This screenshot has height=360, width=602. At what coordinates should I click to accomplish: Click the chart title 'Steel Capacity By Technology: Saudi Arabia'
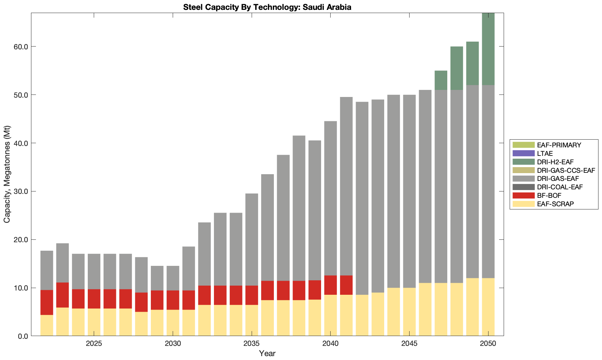[267, 7]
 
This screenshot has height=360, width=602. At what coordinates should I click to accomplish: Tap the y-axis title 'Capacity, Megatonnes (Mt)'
[7, 174]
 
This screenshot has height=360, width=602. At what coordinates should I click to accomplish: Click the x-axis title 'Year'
[267, 353]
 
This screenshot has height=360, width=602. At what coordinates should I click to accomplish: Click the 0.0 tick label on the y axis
[23, 336]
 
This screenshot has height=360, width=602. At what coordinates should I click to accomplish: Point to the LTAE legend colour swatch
[523, 153]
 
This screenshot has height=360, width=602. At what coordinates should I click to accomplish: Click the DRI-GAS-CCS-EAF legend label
[566, 170]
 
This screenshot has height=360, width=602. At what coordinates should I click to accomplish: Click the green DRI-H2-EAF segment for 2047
[441, 80]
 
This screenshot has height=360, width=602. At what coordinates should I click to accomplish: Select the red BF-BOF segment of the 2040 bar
[331, 285]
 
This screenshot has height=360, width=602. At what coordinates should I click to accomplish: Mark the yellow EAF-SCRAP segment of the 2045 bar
[409, 312]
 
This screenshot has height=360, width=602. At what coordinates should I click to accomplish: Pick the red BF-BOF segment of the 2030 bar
[173, 300]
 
